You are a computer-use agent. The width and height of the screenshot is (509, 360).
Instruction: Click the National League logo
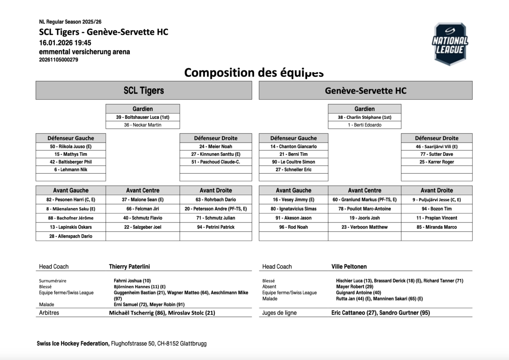tap(450, 44)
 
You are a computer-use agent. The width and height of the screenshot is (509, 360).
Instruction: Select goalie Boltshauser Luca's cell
tap(143, 117)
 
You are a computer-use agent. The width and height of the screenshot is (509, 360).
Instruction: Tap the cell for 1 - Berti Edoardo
tap(364, 125)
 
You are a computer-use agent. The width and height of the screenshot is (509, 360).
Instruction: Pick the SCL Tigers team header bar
tap(143, 90)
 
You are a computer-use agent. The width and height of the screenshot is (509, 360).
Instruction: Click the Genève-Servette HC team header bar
tap(365, 90)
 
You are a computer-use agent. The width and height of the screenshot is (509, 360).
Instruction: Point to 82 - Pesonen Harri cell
tap(71, 200)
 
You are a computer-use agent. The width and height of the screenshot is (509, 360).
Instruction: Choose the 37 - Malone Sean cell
tap(143, 200)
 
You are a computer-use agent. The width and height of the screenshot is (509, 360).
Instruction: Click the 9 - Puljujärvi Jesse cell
tap(436, 200)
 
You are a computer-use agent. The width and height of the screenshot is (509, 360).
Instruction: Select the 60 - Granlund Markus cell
tap(364, 200)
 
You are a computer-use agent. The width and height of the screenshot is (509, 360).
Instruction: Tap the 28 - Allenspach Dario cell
tap(71, 236)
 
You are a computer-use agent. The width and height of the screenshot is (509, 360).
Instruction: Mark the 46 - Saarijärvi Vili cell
tap(436, 146)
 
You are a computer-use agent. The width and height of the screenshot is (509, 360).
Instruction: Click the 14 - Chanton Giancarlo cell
tap(293, 146)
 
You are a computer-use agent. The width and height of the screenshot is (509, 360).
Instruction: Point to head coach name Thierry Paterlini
tap(129, 267)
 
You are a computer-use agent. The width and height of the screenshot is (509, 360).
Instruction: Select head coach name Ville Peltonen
tap(349, 267)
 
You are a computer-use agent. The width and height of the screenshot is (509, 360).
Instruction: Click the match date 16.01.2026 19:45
tap(65, 43)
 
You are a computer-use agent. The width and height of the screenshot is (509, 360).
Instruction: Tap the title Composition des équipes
tap(254, 73)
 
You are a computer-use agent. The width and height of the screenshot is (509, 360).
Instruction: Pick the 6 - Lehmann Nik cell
tap(71, 169)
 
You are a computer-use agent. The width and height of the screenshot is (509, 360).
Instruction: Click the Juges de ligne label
tap(280, 313)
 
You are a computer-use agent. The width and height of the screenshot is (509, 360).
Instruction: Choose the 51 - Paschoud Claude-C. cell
tap(215, 162)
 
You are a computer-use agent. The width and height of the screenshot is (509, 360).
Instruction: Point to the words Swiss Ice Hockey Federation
tap(73, 343)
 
